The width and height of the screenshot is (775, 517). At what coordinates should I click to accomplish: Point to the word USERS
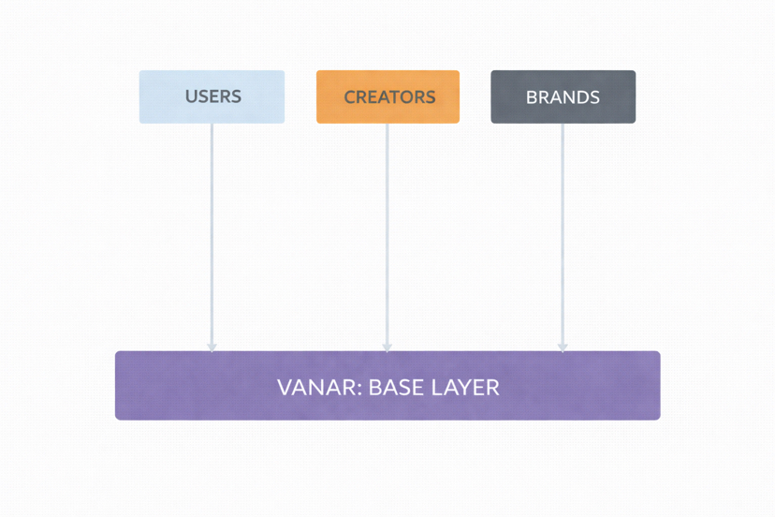tap(212, 96)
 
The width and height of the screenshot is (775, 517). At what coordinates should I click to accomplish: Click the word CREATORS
tap(389, 96)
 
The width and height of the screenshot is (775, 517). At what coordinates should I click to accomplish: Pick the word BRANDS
tap(563, 96)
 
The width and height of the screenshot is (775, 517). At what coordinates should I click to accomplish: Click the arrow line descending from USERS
tap(212, 234)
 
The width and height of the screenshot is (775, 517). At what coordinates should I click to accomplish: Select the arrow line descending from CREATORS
tap(387, 234)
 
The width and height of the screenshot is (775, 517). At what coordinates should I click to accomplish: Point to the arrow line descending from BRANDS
tap(562, 234)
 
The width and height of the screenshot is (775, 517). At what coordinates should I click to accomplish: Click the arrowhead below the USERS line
tap(212, 347)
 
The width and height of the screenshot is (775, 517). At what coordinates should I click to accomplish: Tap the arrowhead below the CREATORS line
tap(387, 347)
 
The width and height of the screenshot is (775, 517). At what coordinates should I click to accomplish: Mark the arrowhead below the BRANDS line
tap(562, 347)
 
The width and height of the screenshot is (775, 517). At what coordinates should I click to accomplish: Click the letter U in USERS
tap(190, 96)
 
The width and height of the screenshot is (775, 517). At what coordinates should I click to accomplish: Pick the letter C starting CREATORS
tap(350, 96)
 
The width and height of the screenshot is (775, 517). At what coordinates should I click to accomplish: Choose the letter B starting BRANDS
tap(531, 96)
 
